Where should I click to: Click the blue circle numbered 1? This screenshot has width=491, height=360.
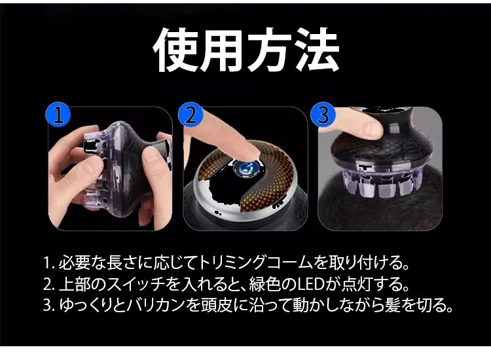pos(58,115)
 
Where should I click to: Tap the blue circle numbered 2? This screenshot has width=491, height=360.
pos(191,115)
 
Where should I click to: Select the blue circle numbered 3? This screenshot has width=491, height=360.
pos(323,115)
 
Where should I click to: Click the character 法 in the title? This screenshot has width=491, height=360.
pos(317,50)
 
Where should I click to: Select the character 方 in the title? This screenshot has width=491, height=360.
pos(270,50)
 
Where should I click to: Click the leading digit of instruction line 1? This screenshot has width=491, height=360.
pos(47,263)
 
